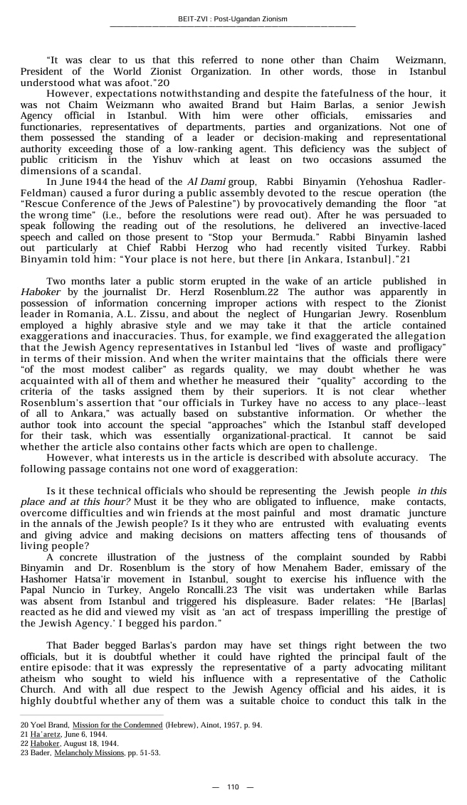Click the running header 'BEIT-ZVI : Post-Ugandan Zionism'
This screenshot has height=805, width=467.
click(x=233, y=19)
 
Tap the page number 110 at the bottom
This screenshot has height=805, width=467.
click(x=233, y=787)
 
